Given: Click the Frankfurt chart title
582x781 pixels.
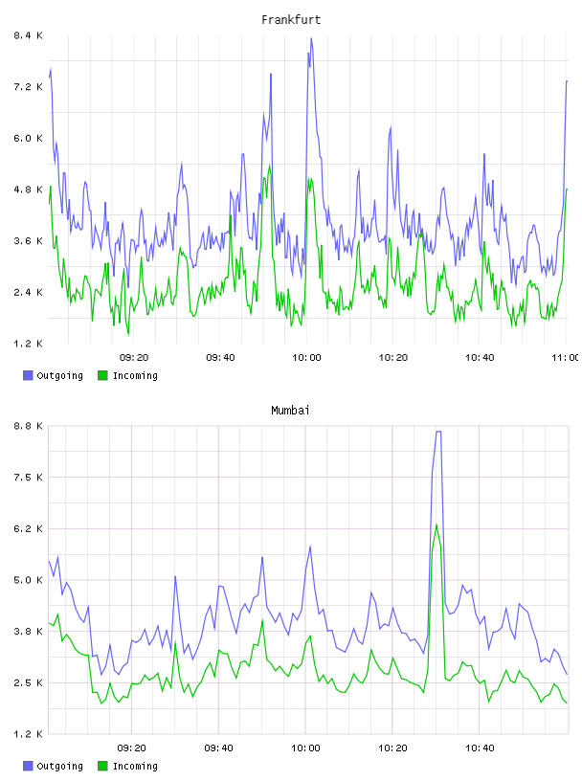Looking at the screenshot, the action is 291,20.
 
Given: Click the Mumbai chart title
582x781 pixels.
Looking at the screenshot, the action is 290,411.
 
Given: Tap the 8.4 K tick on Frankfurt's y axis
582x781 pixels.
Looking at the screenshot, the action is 28,35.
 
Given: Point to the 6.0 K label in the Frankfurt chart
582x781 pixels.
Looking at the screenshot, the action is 28,138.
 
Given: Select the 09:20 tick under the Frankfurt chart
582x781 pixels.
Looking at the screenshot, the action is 134,357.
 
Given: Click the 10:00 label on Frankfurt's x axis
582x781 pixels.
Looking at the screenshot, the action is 306,357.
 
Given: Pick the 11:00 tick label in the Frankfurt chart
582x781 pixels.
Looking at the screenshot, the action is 566,357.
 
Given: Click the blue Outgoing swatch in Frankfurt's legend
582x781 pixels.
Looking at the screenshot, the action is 28,375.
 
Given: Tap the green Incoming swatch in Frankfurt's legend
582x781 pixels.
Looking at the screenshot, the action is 102,375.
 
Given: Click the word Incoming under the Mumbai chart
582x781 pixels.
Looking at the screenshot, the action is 135,766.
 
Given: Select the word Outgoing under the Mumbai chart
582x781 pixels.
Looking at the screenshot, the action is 59,766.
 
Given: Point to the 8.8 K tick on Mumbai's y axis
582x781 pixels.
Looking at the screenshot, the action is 28,426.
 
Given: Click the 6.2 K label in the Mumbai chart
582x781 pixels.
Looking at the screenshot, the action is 28,528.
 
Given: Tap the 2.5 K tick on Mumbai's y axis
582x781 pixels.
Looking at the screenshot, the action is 28,682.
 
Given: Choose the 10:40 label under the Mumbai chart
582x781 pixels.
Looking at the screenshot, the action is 480,748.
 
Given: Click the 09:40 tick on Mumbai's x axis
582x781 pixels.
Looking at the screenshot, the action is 219,748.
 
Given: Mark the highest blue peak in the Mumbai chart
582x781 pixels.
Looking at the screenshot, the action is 438,432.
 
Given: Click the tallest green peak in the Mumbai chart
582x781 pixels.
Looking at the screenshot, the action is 436,525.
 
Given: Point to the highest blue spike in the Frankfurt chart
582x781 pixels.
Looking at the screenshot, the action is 311,38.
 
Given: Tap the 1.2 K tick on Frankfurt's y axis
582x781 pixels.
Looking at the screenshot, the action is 28,344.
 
